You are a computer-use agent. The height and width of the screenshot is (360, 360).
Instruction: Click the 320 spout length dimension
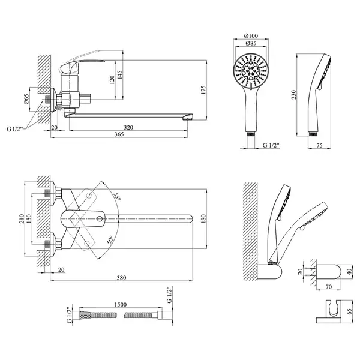point(128,127)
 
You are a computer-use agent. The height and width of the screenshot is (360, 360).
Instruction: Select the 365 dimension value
point(119,134)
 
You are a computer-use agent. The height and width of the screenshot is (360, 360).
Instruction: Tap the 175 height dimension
point(203,91)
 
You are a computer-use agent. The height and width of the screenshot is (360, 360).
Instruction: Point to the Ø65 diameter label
point(26,100)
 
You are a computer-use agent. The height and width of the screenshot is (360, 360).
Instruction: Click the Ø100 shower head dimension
point(251,35)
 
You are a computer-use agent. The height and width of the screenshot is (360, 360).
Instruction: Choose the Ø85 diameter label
point(251,43)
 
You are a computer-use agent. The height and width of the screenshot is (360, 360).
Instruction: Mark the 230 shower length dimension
point(293,95)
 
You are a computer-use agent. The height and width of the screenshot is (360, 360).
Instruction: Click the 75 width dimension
point(319,145)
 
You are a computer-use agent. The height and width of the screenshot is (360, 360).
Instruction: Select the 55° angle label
point(118,196)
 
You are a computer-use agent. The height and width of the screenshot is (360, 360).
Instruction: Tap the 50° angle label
point(110,239)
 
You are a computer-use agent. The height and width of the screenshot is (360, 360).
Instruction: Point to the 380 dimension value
point(121,278)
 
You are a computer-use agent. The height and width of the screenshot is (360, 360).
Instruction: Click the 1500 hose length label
point(121,304)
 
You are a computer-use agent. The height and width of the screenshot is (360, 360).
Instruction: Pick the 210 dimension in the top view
point(22,219)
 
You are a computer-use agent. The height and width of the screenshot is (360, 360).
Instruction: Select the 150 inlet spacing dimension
point(29,219)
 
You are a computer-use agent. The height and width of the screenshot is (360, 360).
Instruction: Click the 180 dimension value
point(203,218)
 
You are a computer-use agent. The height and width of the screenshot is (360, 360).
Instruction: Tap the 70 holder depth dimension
point(329,287)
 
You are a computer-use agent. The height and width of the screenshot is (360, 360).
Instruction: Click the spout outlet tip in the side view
point(188,118)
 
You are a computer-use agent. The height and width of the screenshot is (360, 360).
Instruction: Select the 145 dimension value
point(119,75)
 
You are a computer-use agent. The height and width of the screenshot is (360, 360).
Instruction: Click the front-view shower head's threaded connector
point(251,134)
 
